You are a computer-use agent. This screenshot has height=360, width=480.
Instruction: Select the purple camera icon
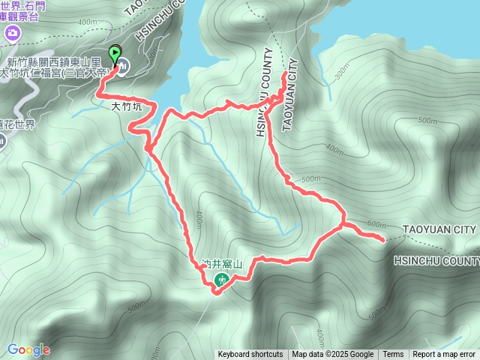12,33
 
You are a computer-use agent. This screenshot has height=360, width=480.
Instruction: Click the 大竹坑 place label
126,107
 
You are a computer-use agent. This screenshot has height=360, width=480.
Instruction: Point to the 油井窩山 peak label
223,265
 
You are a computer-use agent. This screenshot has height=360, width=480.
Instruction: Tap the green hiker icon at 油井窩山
222,280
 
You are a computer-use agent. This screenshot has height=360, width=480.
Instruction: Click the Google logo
28,349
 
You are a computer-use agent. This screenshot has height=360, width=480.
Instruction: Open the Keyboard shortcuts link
250,355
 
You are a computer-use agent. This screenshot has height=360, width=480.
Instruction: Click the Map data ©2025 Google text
333,355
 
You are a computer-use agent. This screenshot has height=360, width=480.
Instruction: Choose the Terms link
393,355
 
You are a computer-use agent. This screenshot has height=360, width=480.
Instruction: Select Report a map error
444,355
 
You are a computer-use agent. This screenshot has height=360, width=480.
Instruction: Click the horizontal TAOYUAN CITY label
440,229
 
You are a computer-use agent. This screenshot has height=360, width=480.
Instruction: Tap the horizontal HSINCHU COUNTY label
436,260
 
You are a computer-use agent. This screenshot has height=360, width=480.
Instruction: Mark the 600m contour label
379,224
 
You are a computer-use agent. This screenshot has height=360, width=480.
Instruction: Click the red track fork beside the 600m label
343,224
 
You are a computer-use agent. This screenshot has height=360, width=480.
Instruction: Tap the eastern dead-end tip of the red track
385,240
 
